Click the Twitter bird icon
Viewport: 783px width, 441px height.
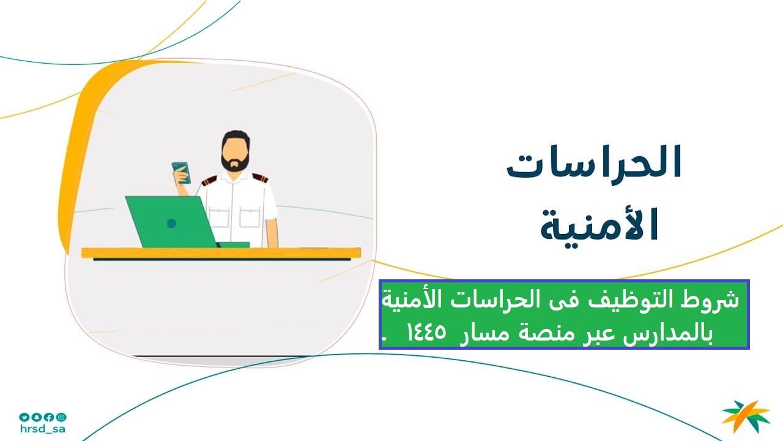24,417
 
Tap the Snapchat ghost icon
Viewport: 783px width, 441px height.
36,417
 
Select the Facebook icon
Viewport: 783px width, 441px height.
49,417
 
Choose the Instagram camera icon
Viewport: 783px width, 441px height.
62,417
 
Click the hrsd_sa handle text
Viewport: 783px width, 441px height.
43,429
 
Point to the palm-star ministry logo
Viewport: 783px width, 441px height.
746,417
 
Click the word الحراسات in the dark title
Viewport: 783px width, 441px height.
594,162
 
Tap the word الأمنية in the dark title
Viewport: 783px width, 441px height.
600,224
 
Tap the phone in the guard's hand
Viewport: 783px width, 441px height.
182,173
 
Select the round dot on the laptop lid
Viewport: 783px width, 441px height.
172,224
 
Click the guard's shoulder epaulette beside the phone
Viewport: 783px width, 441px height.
209,180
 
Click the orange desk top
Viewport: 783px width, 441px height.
221,253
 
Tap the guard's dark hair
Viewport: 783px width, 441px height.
236,138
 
